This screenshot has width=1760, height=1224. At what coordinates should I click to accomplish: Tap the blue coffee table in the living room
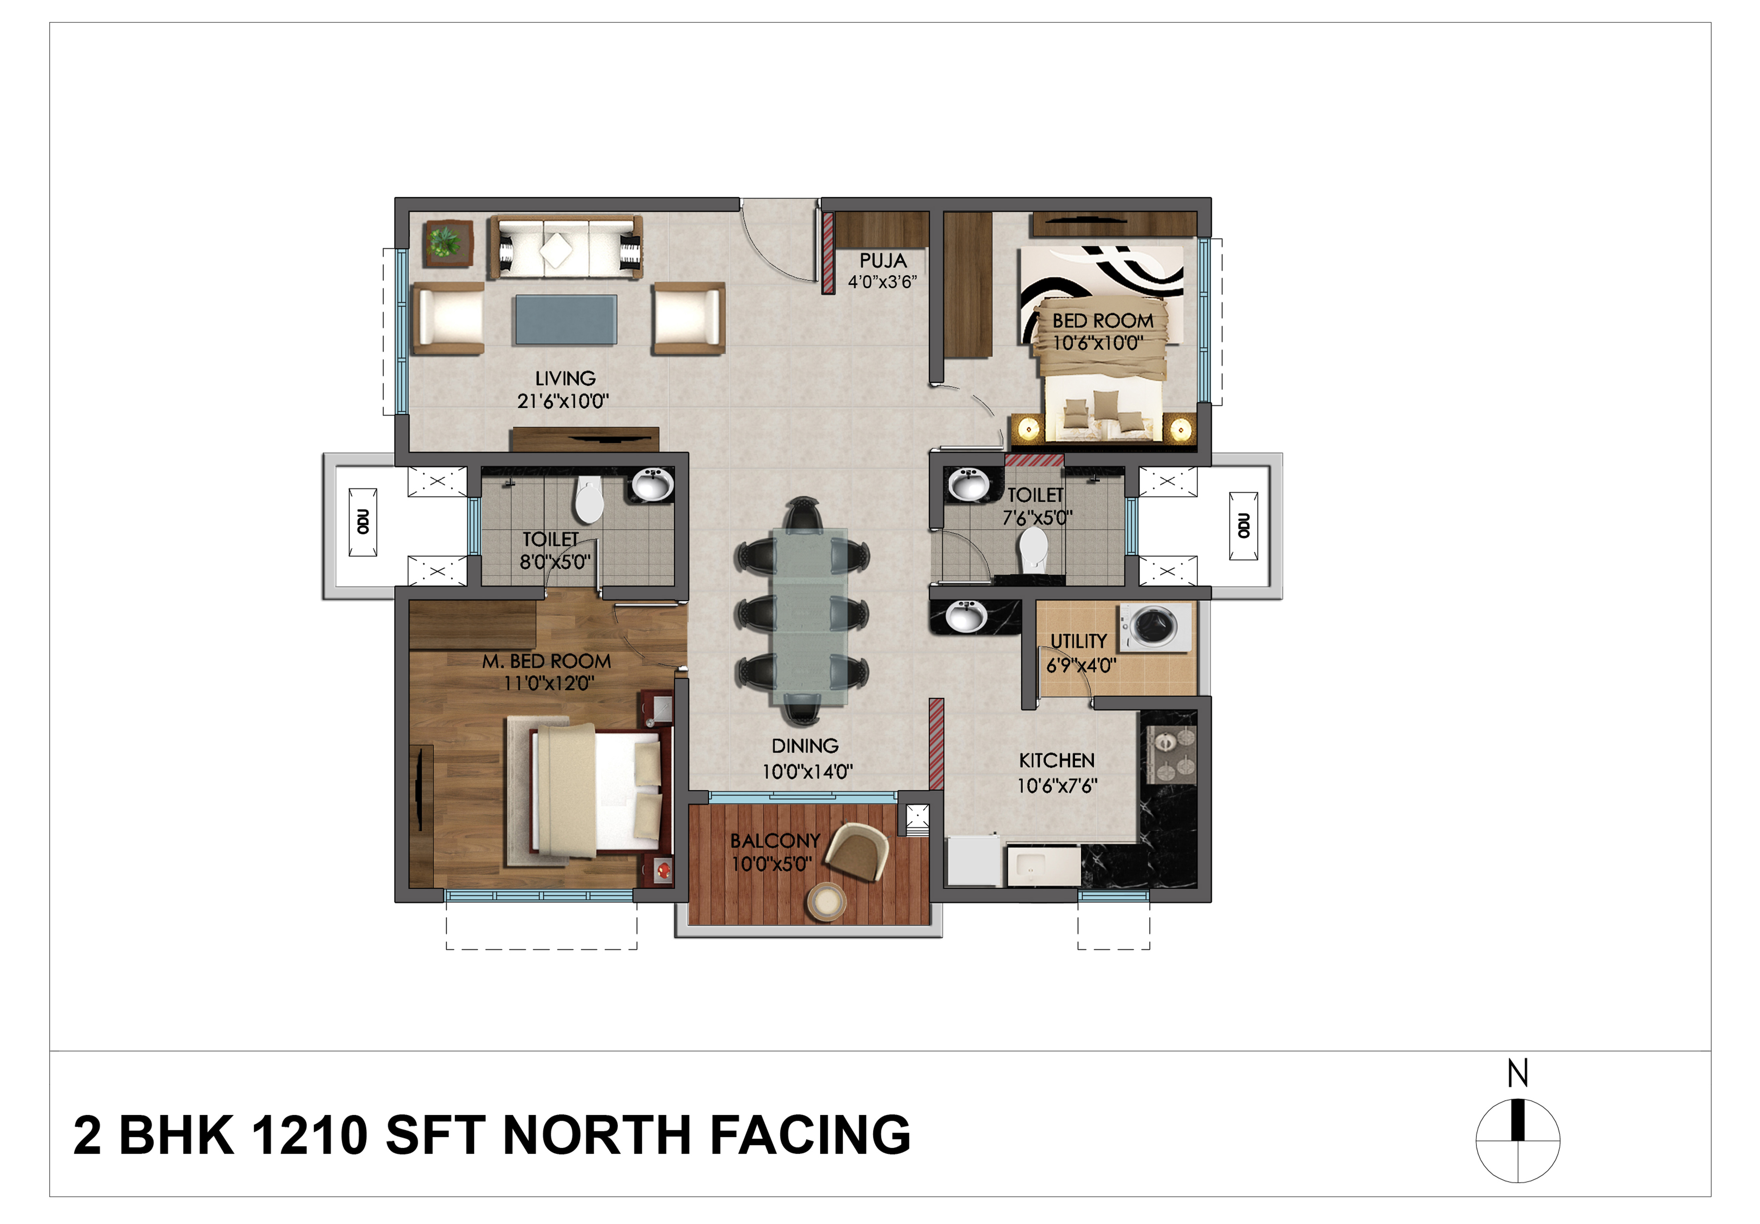[x=566, y=320]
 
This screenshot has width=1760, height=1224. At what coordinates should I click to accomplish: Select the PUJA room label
[x=883, y=261]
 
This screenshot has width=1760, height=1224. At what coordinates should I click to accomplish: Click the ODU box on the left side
[x=362, y=522]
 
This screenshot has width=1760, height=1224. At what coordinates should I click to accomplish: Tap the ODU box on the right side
[x=1243, y=526]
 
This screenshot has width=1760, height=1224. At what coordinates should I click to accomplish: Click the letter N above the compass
[x=1518, y=1073]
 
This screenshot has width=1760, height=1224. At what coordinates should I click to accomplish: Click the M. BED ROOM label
[x=547, y=661]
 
